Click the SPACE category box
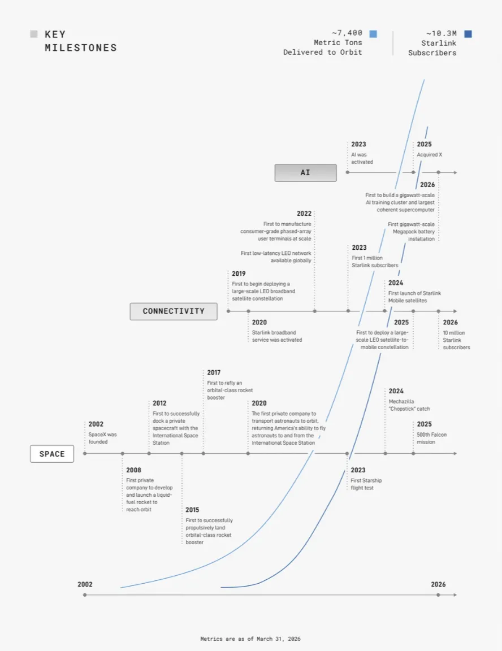click(x=52, y=454)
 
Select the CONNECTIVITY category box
click(x=174, y=311)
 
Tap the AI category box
click(x=306, y=173)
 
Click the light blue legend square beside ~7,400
click(x=373, y=34)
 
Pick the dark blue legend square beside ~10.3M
click(x=468, y=34)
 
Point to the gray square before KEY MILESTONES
click(x=34, y=34)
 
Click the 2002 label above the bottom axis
click(x=85, y=584)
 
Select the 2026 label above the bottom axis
click(x=438, y=584)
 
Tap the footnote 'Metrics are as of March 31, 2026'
click(x=250, y=639)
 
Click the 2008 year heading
click(x=134, y=470)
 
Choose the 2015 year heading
click(x=192, y=510)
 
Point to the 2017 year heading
click(x=214, y=372)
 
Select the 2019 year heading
click(x=239, y=274)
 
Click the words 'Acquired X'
click(x=429, y=154)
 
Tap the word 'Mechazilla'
click(x=401, y=401)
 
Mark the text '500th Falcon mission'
click(x=432, y=439)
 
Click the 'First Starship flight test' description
click(x=366, y=484)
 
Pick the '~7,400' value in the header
click(x=347, y=33)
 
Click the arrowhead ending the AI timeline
click(x=455, y=172)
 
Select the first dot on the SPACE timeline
click(x=85, y=453)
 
